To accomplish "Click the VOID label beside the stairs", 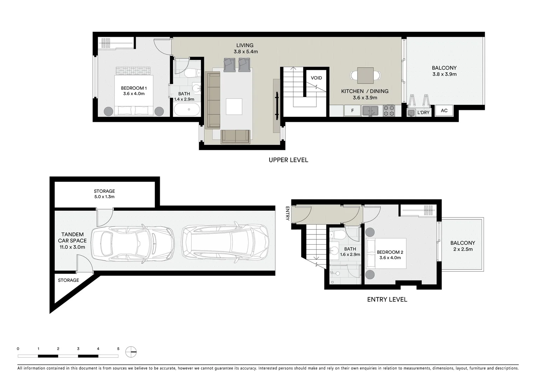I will pos(316,78).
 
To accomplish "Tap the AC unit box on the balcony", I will pos(444,111).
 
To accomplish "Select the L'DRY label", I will pos(423,113).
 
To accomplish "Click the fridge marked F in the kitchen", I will pos(352,111).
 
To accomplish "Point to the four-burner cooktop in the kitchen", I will pos(389,111).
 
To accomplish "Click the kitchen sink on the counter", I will pos(370,111).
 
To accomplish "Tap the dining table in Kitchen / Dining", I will pos(365,75).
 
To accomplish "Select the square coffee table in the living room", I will pos(234,106).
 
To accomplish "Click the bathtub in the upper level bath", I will pos(187,110).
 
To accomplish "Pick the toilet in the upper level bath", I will pos(191,73).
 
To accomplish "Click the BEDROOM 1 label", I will pos(134,88).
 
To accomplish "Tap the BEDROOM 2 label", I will pos(390,252).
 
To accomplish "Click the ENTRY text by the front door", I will pos(287,213).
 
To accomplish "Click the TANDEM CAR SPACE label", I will pos(72,238).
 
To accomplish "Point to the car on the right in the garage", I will pos(225,242).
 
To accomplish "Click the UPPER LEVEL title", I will pos(288,160).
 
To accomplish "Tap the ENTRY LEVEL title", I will pos(387,300).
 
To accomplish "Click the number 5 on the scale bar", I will pos(118,349).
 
